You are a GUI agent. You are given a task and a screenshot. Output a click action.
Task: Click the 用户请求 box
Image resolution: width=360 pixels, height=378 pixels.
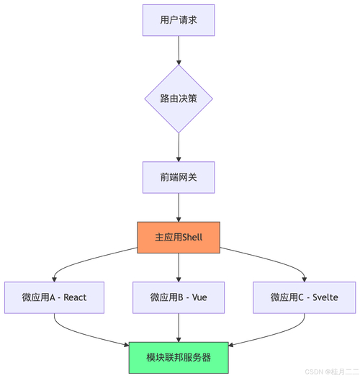(x=179, y=20)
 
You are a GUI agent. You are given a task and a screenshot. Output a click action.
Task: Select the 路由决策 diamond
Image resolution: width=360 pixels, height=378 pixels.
(x=179, y=99)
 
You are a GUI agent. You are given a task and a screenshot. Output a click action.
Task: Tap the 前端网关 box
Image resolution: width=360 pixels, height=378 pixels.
(x=179, y=177)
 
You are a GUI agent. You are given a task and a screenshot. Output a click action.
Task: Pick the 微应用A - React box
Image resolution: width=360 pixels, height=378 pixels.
(x=54, y=297)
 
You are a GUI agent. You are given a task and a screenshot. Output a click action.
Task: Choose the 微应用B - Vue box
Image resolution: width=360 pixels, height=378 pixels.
(x=179, y=297)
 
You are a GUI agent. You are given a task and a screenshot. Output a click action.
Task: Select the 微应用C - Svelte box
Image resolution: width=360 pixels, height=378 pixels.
(x=303, y=297)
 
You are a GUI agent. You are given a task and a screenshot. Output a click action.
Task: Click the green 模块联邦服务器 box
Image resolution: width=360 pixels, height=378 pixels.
(x=179, y=357)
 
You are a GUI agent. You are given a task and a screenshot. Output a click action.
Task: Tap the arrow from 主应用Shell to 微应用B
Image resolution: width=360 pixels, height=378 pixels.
(x=179, y=266)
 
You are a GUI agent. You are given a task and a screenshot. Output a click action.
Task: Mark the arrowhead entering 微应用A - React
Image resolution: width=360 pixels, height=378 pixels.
(x=54, y=278)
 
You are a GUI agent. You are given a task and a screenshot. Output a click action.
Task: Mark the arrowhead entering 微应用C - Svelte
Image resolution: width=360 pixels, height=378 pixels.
(x=303, y=278)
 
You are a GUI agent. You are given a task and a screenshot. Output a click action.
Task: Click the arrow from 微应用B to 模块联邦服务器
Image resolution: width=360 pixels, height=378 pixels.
(x=179, y=328)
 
